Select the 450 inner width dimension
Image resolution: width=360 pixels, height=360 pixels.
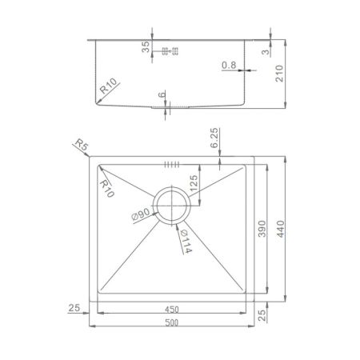tap(173, 308)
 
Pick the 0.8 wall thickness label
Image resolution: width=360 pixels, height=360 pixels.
tap(229, 66)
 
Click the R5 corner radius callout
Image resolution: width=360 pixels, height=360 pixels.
tap(78, 145)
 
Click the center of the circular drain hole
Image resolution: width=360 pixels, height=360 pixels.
tap(170, 206)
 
